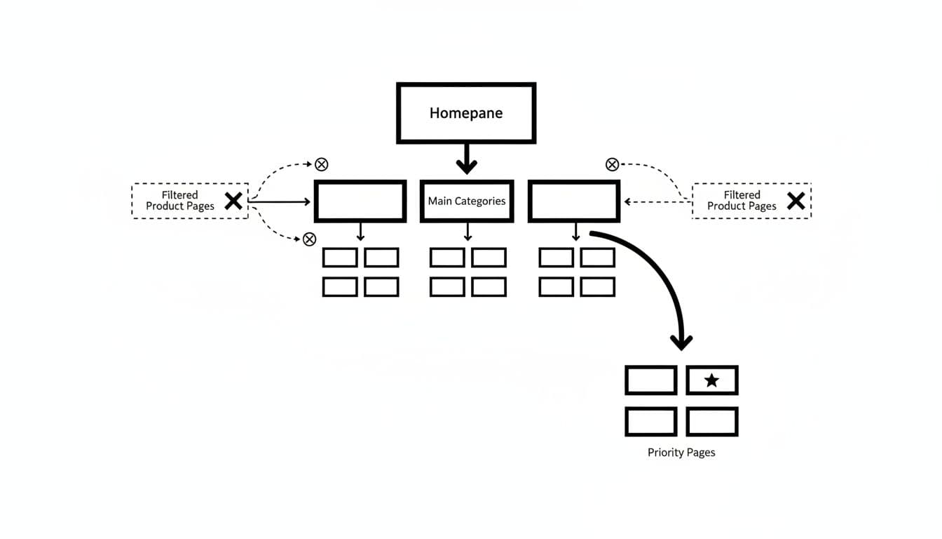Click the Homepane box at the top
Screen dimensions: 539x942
(x=466, y=113)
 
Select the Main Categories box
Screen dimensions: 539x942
(x=467, y=201)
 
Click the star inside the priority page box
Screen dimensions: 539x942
(x=711, y=380)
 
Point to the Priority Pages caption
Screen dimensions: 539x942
(x=681, y=453)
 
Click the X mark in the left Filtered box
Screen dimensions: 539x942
(x=233, y=201)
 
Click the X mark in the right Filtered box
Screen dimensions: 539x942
(x=796, y=201)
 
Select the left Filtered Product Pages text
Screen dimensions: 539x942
(x=180, y=201)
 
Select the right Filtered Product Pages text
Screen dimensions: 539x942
(x=742, y=201)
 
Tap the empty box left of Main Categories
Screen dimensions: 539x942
(x=360, y=201)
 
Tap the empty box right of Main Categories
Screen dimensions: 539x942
(x=573, y=201)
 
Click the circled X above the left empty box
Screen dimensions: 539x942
(x=321, y=164)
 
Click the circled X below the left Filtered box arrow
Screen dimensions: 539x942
(x=309, y=239)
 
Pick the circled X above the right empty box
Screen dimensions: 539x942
(x=612, y=164)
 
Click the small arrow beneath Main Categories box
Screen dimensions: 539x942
(x=467, y=232)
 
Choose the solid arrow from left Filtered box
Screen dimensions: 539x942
(x=280, y=201)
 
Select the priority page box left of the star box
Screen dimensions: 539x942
(x=650, y=380)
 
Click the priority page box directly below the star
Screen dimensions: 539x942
(x=711, y=422)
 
